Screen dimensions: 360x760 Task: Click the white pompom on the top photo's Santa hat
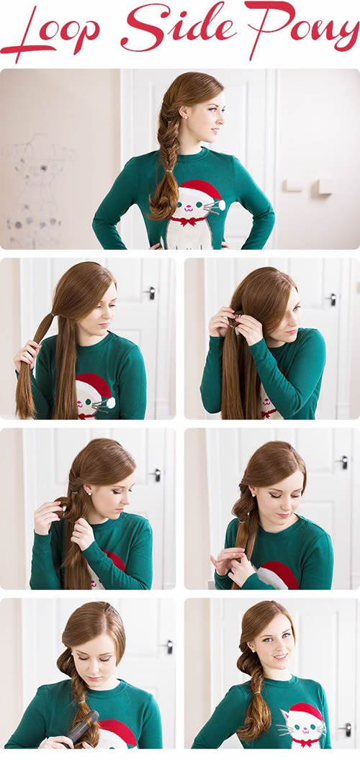click(222, 204)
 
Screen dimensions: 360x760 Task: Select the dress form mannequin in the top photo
click(35, 189)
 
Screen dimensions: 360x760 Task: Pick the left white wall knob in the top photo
click(292, 186)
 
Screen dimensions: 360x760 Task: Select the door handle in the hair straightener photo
click(168, 646)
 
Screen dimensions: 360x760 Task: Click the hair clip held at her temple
click(237, 322)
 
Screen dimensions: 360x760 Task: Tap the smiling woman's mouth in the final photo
click(279, 657)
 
